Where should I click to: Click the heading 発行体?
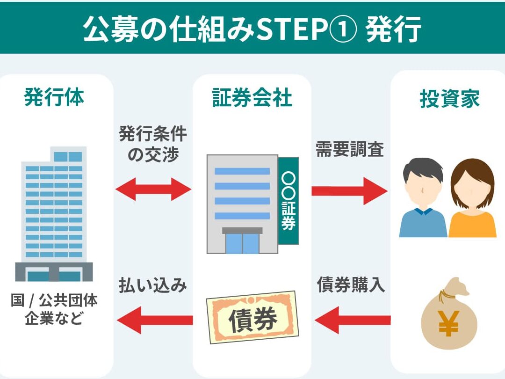(x=54, y=97)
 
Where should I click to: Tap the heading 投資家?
(x=450, y=98)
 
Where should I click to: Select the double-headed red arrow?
(x=153, y=189)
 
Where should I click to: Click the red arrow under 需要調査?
(x=349, y=191)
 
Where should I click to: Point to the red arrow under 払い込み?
(x=155, y=320)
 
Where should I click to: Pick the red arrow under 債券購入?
(x=353, y=320)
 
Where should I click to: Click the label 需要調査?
(x=350, y=149)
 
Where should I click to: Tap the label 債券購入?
(x=351, y=284)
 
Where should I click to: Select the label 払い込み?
(x=152, y=285)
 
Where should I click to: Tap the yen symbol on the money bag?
(x=448, y=323)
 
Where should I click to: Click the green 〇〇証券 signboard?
(x=289, y=200)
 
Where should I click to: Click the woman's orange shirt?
(x=472, y=224)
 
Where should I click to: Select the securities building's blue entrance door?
(x=242, y=243)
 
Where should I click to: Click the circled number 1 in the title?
(x=343, y=29)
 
